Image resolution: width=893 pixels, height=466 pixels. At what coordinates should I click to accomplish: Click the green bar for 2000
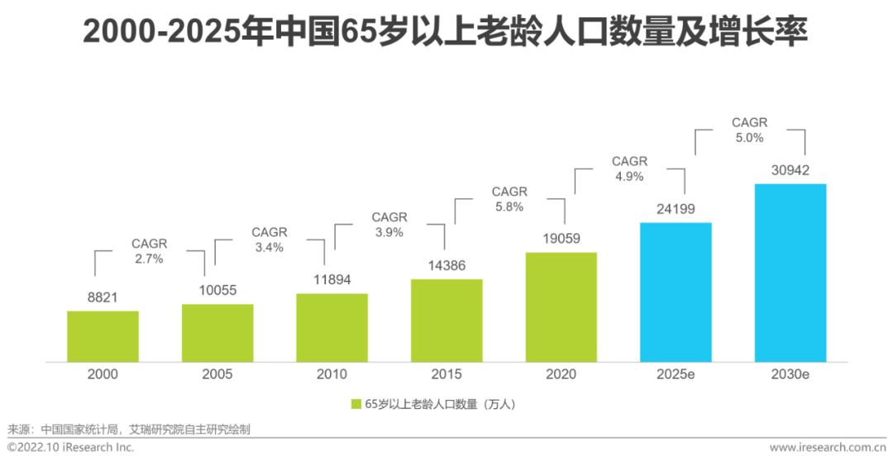[103, 336]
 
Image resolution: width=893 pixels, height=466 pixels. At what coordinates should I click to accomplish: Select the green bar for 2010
[332, 328]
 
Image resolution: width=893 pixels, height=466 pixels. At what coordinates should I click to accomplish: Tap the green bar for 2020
[561, 307]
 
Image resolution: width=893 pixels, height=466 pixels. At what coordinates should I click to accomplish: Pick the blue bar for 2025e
[676, 292]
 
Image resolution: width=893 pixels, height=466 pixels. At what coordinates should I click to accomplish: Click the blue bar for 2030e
[790, 273]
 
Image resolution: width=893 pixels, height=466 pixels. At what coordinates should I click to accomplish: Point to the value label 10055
[217, 290]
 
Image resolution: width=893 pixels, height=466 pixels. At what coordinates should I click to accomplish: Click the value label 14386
[446, 266]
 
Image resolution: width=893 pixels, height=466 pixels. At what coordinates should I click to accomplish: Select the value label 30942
[790, 170]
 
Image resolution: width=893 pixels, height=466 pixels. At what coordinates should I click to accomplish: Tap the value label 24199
[676, 209]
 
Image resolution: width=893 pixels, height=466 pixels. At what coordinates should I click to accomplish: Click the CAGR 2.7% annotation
[149, 251]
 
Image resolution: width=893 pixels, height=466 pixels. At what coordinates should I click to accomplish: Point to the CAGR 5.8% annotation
[509, 199]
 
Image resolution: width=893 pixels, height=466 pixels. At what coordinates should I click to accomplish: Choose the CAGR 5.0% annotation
[749, 130]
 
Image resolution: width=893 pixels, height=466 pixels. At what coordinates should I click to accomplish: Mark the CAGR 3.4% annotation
[270, 240]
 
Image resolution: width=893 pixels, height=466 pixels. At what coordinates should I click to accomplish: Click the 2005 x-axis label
[217, 374]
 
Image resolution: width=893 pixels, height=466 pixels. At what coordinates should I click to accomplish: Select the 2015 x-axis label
[446, 374]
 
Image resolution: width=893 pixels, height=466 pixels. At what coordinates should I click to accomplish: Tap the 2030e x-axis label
[790, 374]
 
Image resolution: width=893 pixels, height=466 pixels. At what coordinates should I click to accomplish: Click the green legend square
[356, 405]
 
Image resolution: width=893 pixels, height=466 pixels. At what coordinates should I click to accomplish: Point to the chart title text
[445, 32]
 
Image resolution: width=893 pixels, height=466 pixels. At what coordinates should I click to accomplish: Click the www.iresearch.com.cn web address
[828, 448]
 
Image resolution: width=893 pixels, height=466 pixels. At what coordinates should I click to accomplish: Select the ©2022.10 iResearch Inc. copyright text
[70, 448]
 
